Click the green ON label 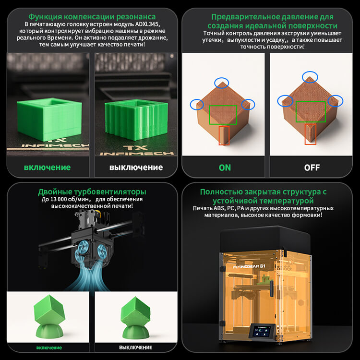tap(225, 168)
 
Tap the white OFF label tap(312, 168)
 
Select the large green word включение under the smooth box tap(48, 168)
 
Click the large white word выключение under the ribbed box tap(136, 168)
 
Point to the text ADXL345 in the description tap(147, 24)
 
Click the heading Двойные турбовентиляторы tap(92, 192)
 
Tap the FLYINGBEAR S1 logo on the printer tap(249, 266)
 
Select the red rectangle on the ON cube tap(224, 135)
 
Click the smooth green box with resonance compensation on tap(49, 119)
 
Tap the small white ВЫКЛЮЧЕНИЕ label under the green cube tap(135, 348)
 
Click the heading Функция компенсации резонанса tap(92, 17)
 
